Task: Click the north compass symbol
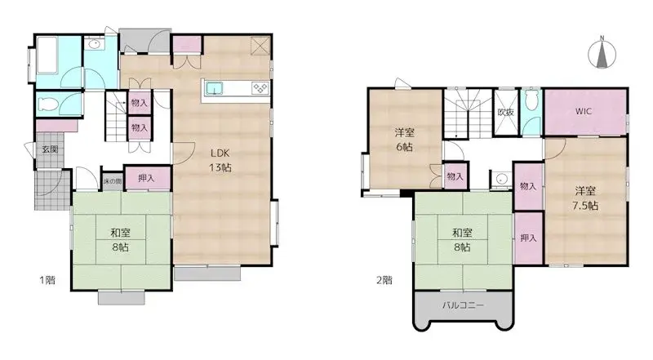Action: click(x=602, y=53)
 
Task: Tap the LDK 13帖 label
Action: click(x=220, y=159)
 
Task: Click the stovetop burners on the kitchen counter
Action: click(x=260, y=88)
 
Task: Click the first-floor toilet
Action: click(x=47, y=104)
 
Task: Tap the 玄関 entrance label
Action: click(x=51, y=150)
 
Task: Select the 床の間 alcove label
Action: click(x=112, y=180)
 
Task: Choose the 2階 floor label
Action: click(x=384, y=280)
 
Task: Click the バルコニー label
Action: click(x=463, y=304)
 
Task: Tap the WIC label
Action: click(x=584, y=111)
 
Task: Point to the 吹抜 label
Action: click(x=505, y=113)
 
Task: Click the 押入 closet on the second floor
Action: click(x=527, y=238)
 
